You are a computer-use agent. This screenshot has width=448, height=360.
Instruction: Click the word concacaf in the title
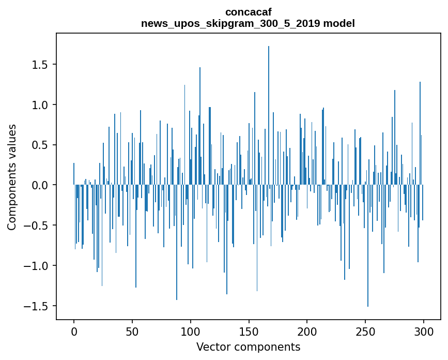tap(248, 11)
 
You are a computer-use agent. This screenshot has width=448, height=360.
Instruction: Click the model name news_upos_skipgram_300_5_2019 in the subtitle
tap(230, 23)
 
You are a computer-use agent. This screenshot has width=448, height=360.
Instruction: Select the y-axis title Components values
tap(11, 177)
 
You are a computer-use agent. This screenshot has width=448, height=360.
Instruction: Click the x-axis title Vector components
tap(248, 347)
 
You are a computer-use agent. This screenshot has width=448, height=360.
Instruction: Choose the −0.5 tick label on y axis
tap(38, 226)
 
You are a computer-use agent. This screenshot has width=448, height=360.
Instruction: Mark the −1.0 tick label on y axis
tap(38, 266)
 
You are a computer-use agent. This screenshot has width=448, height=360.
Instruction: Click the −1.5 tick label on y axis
tap(38, 306)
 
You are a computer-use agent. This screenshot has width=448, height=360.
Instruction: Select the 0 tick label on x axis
tap(74, 331)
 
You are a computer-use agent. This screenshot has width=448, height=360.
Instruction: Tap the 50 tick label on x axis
tap(132, 331)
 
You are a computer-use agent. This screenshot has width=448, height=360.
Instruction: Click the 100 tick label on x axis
tap(191, 331)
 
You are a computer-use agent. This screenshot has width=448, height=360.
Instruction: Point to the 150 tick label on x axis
tap(249, 331)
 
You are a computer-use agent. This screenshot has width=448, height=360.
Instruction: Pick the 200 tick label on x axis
tap(307, 331)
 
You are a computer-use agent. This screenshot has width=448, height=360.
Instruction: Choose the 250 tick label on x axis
tap(365, 331)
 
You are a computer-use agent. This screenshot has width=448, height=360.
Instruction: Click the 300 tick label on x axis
tap(424, 331)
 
